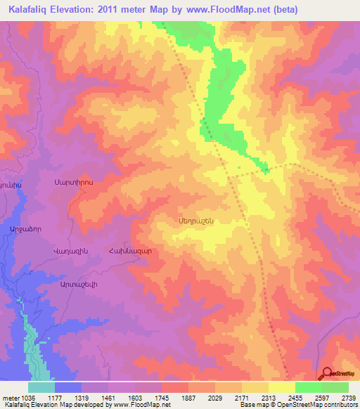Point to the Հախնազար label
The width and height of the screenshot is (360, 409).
coord(128,251)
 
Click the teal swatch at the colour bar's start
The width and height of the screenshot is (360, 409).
coord(41,387)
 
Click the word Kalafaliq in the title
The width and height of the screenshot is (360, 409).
coord(30,10)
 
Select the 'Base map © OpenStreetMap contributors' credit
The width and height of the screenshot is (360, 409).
coord(298,405)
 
